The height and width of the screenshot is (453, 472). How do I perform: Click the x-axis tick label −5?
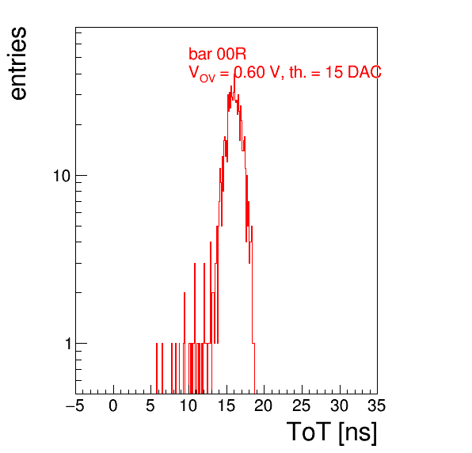tap(75, 405)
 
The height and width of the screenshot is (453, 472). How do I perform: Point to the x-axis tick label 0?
tap(113, 405)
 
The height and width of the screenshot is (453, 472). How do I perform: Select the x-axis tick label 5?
tap(150, 405)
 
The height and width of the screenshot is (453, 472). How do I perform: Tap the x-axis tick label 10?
tap(188, 405)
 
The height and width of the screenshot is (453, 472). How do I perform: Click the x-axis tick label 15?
tap(226, 405)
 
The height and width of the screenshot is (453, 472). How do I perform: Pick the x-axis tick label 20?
tap(264, 405)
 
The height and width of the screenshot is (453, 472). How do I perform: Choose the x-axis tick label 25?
tap(301, 405)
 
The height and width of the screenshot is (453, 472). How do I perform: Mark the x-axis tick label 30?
tap(339, 405)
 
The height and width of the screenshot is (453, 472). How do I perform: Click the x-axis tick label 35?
tap(377, 405)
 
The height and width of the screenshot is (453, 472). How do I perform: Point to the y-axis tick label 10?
tap(62, 176)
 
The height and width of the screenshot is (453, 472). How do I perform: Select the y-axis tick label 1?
tap(68, 344)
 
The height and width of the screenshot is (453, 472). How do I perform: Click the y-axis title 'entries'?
tap(18, 63)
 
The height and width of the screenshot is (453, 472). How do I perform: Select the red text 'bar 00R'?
tap(217, 54)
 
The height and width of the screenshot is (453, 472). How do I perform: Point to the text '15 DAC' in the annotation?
tap(353, 72)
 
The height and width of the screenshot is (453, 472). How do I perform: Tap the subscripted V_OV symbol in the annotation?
tap(202, 74)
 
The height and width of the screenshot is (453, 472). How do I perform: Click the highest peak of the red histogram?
tap(234, 74)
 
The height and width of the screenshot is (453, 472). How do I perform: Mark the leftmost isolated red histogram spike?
tap(157, 367)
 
